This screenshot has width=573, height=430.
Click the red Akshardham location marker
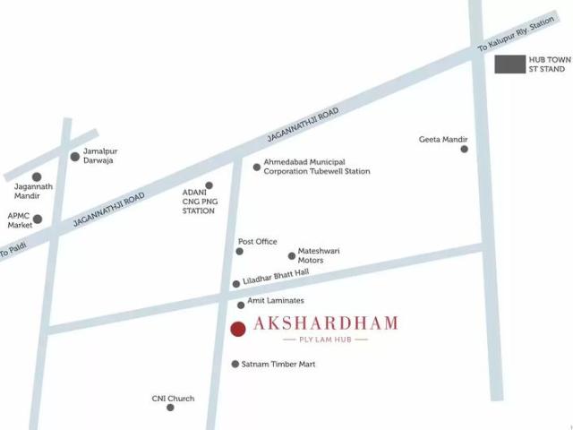pyautogui.click(x=237, y=329)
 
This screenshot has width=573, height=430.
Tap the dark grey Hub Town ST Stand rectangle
pyautogui.click(x=510, y=64)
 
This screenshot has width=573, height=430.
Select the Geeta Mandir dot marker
pyautogui.click(x=464, y=149)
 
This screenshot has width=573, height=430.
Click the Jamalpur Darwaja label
pyautogui.click(x=100, y=156)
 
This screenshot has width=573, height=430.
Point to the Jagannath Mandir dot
pyautogui.click(x=37, y=177)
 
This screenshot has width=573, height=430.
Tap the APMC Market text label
pyautogui.click(x=20, y=220)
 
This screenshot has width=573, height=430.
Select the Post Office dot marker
pyautogui.click(x=239, y=252)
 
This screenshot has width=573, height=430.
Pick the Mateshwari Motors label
pyautogui.click(x=319, y=255)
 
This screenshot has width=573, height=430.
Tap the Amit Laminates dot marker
pyautogui.click(x=241, y=305)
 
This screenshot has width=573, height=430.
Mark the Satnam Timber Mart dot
pyautogui.click(x=235, y=365)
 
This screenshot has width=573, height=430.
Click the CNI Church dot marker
pyautogui.click(x=170, y=408)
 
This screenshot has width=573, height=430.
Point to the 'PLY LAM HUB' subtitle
pyautogui.click(x=325, y=340)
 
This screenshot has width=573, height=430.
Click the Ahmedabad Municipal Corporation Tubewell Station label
pyautogui.click(x=316, y=166)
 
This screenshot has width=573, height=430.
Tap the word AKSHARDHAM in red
pyautogui.click(x=326, y=323)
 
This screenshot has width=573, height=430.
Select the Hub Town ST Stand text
pyautogui.click(x=549, y=64)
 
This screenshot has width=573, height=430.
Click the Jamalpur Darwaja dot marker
pyautogui.click(x=75, y=157)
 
